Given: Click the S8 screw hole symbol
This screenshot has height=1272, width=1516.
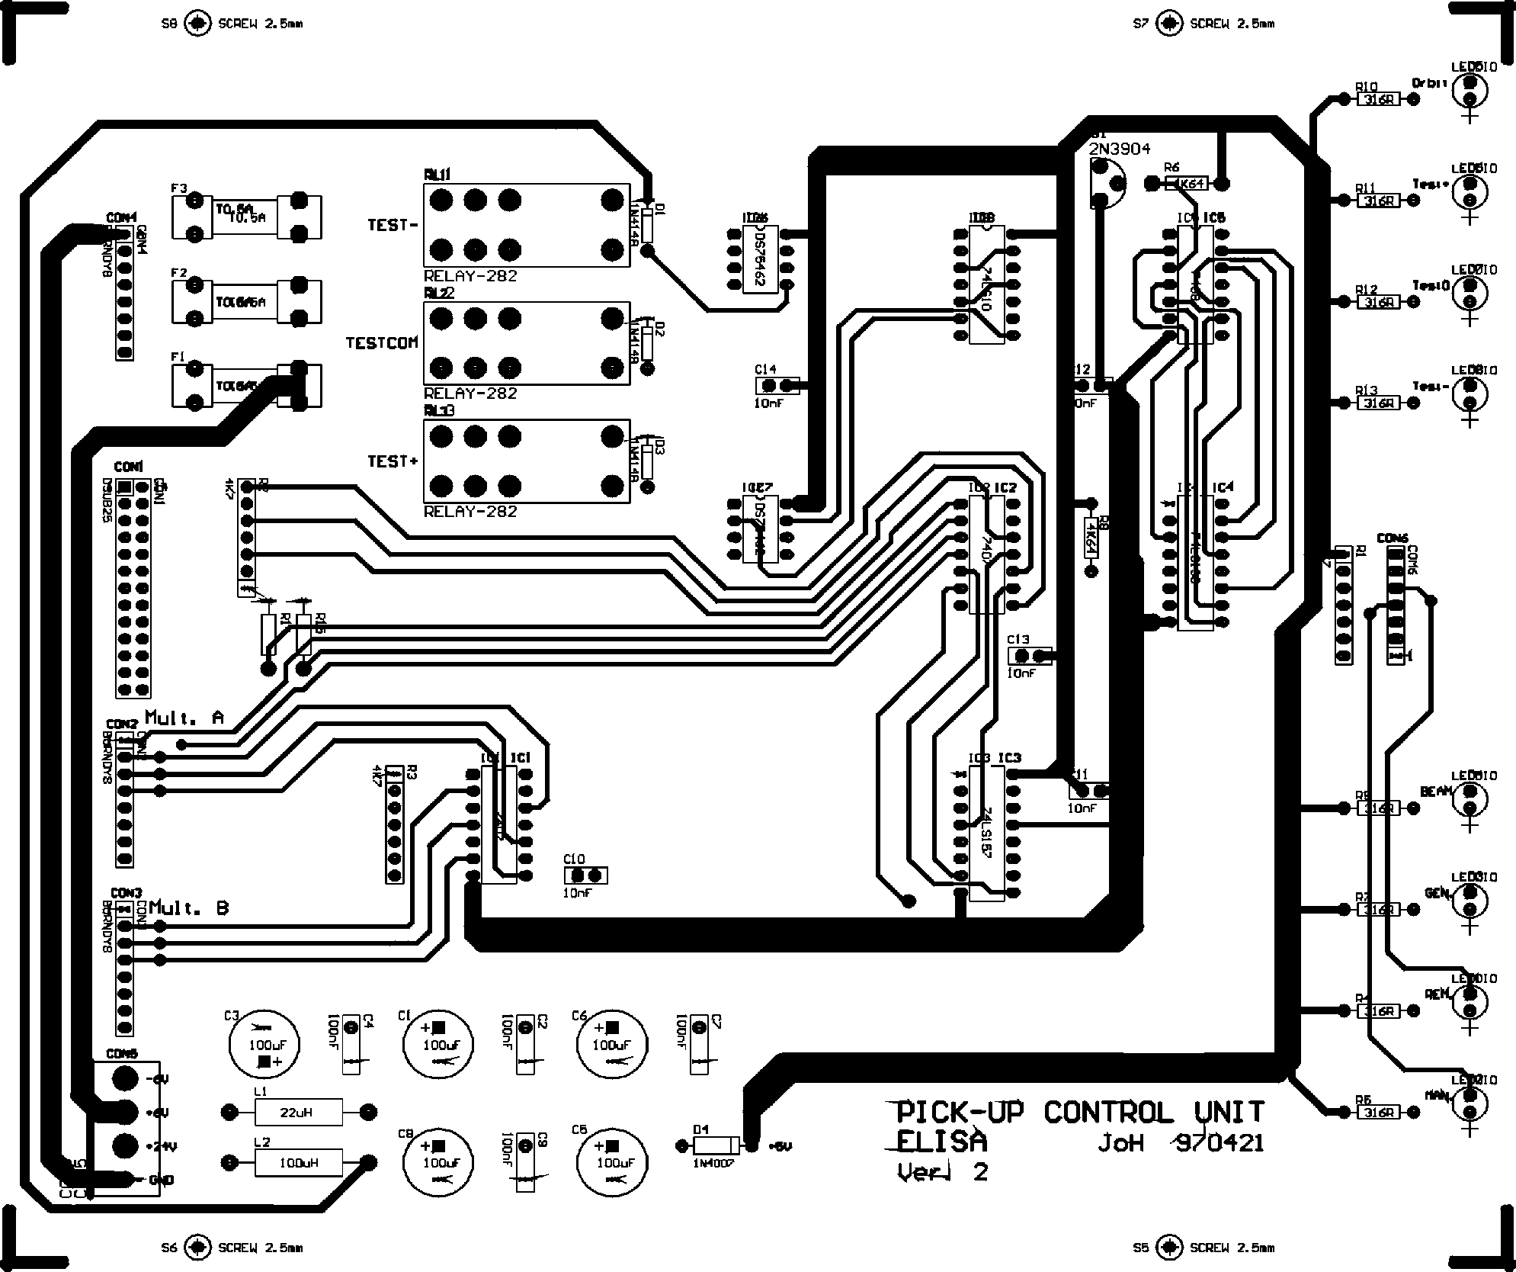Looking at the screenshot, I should (198, 24).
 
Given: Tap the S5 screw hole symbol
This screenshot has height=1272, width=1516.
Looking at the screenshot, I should (1168, 1248).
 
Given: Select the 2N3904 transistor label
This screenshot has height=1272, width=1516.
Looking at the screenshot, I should (1119, 149).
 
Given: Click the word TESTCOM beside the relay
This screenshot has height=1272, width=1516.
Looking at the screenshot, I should (382, 342).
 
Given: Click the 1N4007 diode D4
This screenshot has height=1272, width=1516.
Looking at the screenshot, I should (715, 1145).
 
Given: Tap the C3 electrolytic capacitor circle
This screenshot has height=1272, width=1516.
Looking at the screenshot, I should (264, 1046).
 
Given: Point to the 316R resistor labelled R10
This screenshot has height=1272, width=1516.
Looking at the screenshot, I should (1379, 99).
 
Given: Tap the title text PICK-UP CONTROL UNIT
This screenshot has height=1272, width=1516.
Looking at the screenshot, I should (1079, 1113).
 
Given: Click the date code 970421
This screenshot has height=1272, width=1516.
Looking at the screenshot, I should (1219, 1144).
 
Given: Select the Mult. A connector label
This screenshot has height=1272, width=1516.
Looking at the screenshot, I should (184, 718).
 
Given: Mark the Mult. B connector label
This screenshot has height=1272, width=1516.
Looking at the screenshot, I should (188, 908).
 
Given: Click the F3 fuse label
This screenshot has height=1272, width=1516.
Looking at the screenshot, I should (179, 188).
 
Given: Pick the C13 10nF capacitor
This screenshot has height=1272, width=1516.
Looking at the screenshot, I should (1029, 655).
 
